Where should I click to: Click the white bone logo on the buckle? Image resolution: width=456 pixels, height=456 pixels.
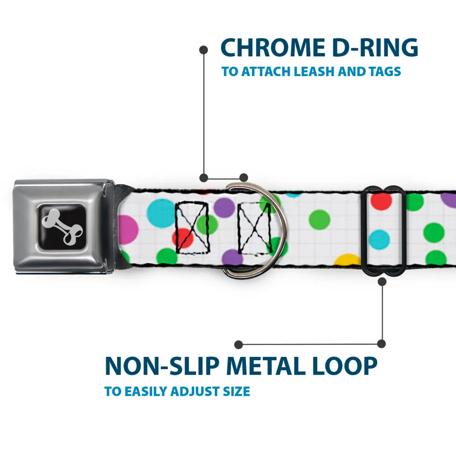coord(62,226)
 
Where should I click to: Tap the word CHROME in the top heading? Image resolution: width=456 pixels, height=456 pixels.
coord(273,47)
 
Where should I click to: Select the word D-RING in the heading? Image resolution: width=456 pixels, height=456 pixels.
coord(375,47)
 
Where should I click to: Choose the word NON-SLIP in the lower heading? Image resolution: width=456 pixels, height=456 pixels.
coord(162,366)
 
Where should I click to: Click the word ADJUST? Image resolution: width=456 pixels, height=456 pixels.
coord(195,391)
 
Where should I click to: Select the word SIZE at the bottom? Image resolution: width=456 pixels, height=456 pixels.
coord(236,391)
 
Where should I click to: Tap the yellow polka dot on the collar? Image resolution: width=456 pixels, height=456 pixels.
coord(347,260)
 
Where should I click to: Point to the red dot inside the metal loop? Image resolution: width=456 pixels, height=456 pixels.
coord(381,201)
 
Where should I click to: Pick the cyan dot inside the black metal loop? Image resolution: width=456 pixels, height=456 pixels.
coord(379,240)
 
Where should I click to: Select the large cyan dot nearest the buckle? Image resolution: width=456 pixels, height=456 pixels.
coord(161,213)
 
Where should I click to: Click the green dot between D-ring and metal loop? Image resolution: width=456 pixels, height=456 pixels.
coord(319,220)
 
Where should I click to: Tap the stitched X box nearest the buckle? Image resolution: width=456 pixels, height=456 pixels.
coord(192,227)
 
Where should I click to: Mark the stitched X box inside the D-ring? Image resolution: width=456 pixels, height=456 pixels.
coord(254,229)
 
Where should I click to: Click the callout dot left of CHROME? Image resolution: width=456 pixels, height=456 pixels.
coord(204,50)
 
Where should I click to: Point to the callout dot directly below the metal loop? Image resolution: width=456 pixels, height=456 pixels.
coord(382,281)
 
